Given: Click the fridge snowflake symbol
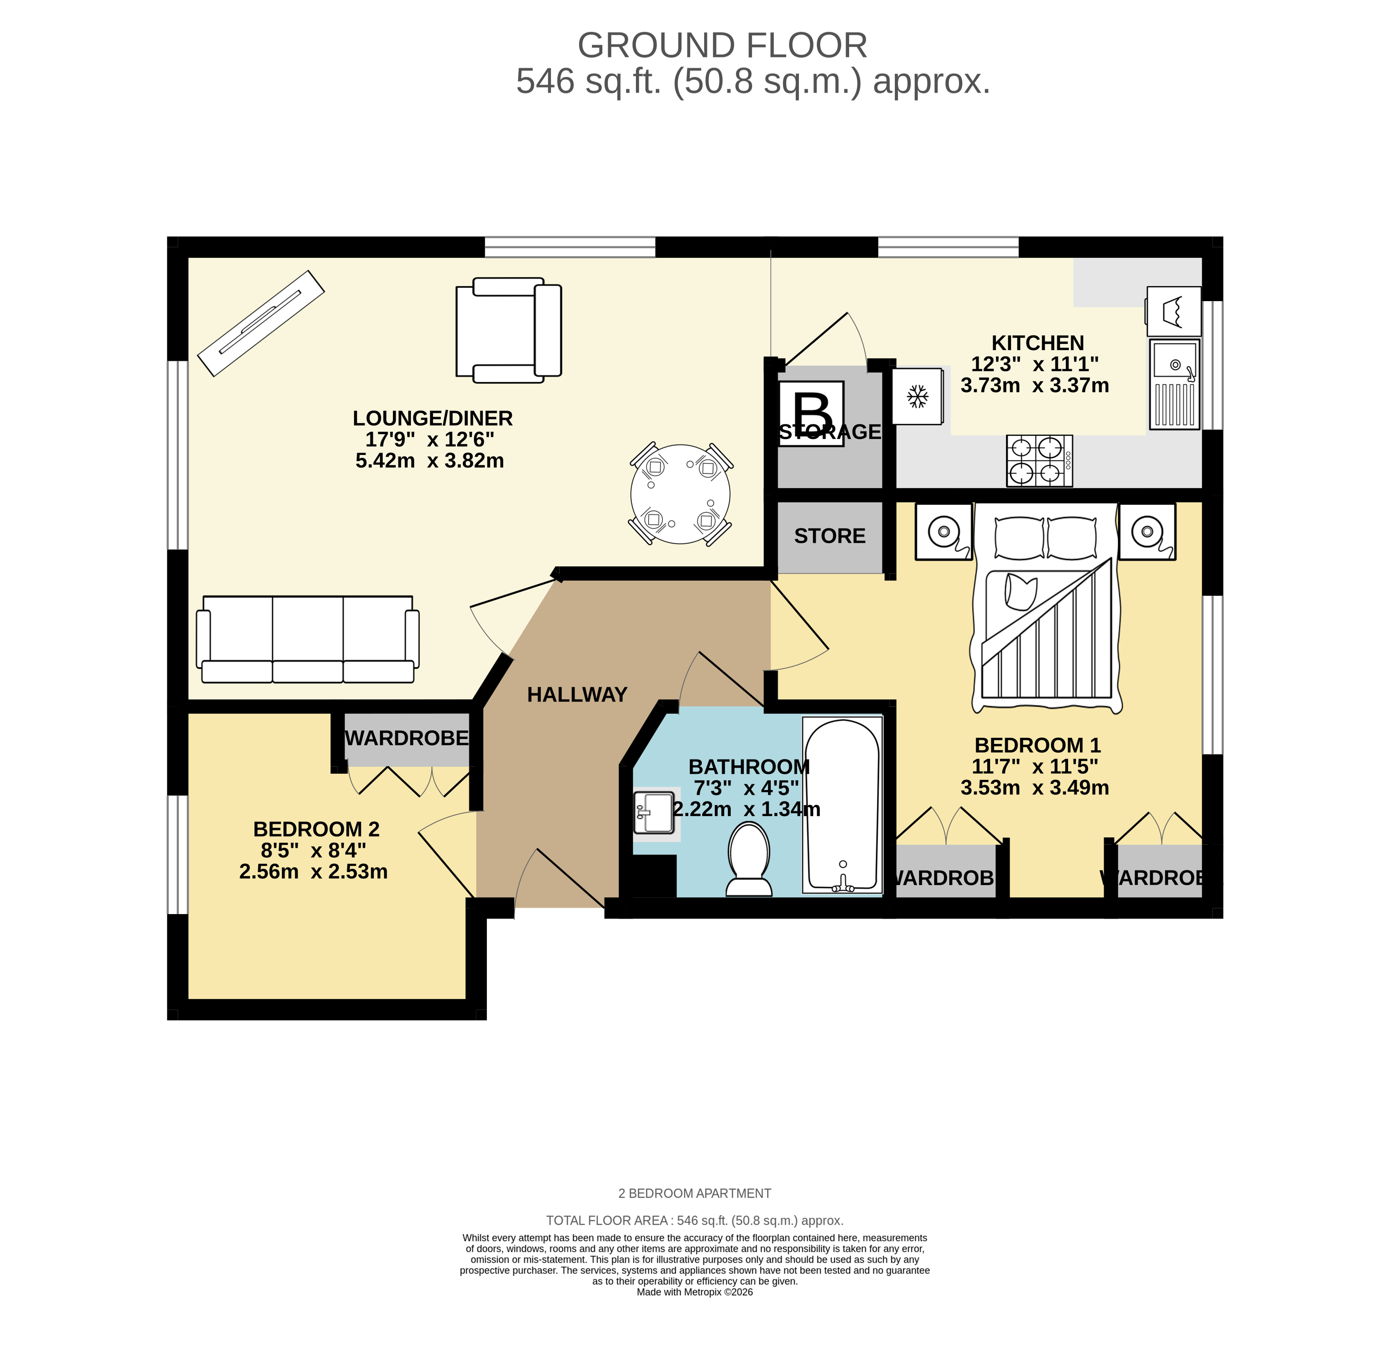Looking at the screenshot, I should tap(917, 396).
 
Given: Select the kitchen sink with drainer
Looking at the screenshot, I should tap(1174, 384).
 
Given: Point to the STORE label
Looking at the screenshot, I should tap(829, 536).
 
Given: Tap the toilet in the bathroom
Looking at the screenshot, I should tap(749, 859).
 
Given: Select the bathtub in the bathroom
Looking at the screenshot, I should tap(842, 806).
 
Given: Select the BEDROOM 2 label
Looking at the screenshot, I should tap(316, 829).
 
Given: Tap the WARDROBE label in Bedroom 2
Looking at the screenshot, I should tap(407, 738).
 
